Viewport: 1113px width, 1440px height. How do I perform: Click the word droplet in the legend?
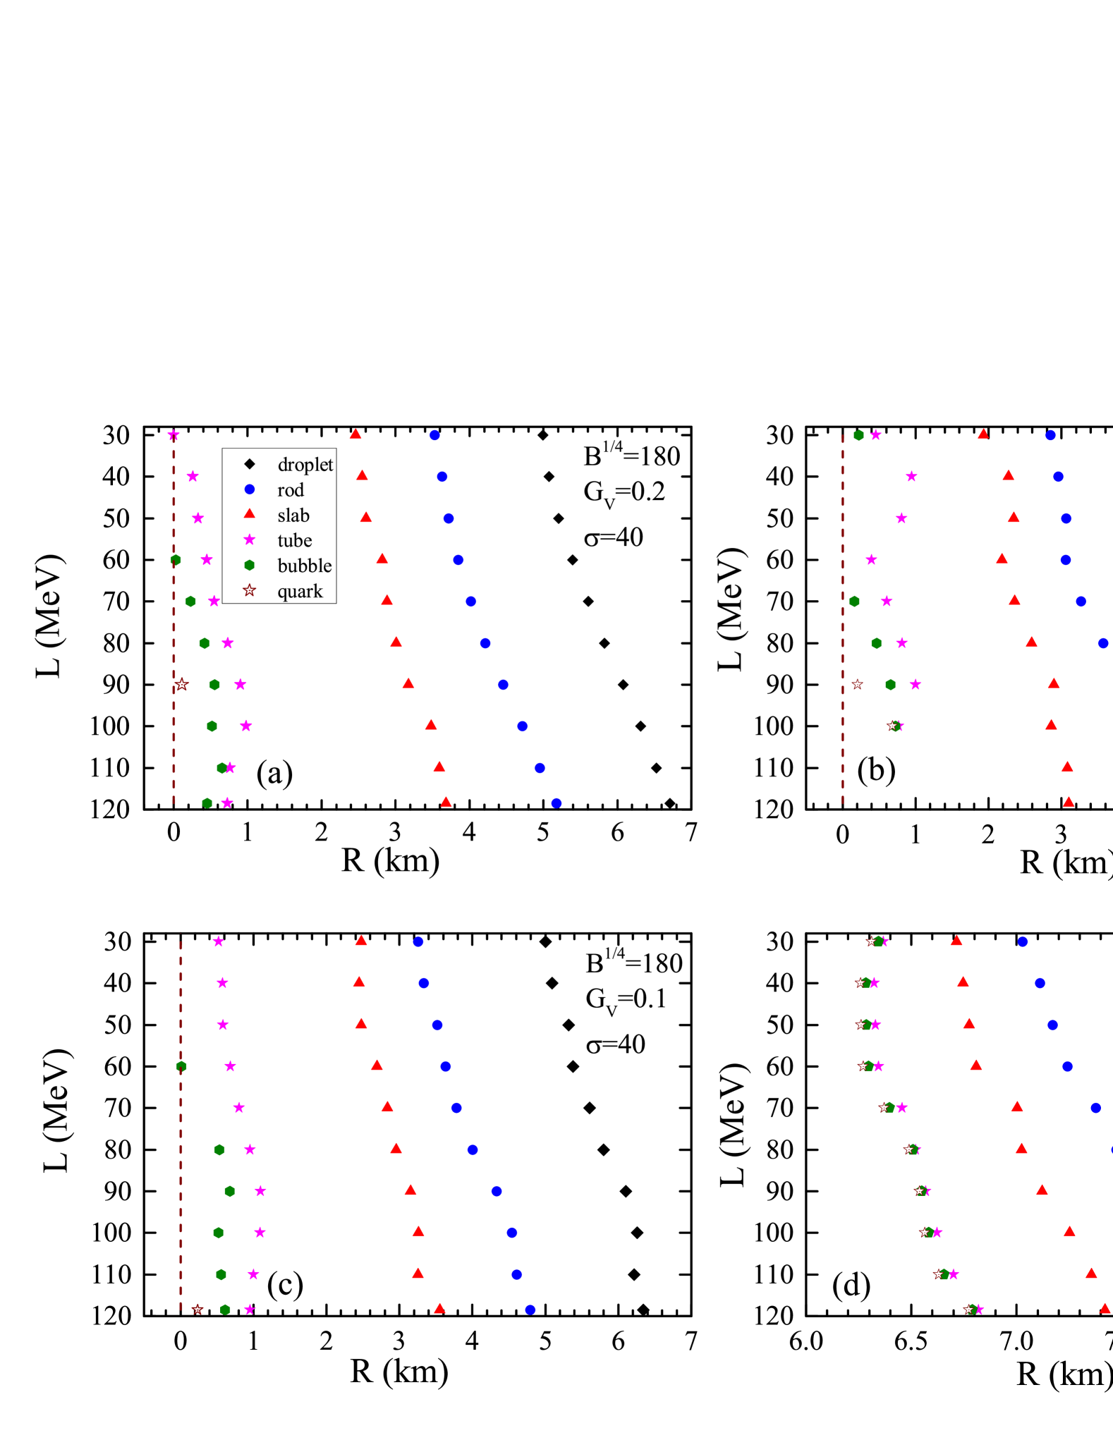tap(305, 465)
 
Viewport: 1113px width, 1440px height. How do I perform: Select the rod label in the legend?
tap(291, 490)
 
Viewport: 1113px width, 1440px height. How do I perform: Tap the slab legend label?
tap(293, 515)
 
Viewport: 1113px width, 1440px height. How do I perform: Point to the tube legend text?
tap(295, 541)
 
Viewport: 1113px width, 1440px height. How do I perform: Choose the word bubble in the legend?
tap(305, 566)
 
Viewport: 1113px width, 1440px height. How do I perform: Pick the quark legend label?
tap(300, 592)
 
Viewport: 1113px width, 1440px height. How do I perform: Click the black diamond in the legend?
tap(250, 464)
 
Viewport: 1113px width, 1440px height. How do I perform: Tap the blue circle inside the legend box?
tap(250, 489)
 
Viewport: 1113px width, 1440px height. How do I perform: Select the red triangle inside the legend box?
tap(250, 514)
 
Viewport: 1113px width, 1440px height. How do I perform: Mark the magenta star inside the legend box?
tap(250, 540)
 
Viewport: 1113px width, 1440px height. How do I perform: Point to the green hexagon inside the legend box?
tap(250, 566)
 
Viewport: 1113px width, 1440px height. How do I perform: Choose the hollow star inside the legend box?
tap(250, 590)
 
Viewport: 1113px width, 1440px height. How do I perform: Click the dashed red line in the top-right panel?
tap(843, 621)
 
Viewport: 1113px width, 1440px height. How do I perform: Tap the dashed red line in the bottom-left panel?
tap(181, 1128)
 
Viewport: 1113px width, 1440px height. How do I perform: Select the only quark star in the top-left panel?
tap(182, 685)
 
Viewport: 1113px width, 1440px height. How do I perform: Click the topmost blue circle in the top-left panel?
tap(434, 436)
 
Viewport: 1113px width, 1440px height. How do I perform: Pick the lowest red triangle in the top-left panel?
tap(446, 803)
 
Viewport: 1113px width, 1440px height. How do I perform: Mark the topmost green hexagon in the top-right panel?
tap(858, 435)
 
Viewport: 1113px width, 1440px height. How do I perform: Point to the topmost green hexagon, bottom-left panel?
tap(182, 1066)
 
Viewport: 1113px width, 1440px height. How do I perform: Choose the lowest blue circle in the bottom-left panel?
tap(530, 1310)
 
